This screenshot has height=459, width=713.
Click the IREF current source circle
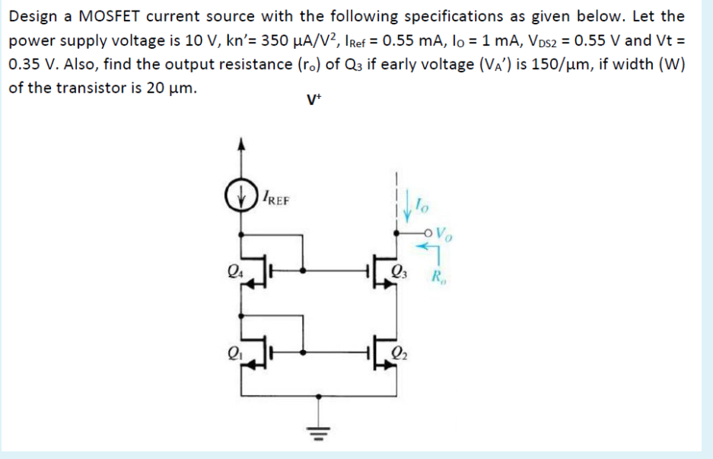click(x=243, y=202)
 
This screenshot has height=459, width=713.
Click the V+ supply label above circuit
click(x=311, y=100)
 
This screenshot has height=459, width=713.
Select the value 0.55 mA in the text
click(x=408, y=40)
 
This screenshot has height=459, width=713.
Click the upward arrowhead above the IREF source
click(x=243, y=143)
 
